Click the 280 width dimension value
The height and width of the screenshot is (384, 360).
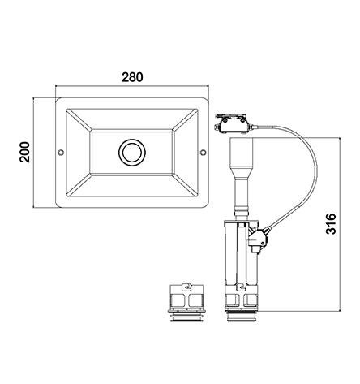pyautogui.click(x=132, y=77)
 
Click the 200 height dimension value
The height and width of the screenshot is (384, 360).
pyautogui.click(x=25, y=152)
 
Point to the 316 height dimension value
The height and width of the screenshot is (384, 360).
pyautogui.click(x=331, y=223)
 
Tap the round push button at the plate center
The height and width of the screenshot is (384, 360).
pyautogui.click(x=132, y=153)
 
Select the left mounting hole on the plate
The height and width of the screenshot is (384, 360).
pyautogui.click(x=61, y=153)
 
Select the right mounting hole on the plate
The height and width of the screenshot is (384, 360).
pyautogui.click(x=203, y=153)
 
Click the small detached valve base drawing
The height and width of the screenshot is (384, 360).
pyautogui.click(x=186, y=303)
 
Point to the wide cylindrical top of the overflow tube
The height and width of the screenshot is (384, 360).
pyautogui.click(x=242, y=152)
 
